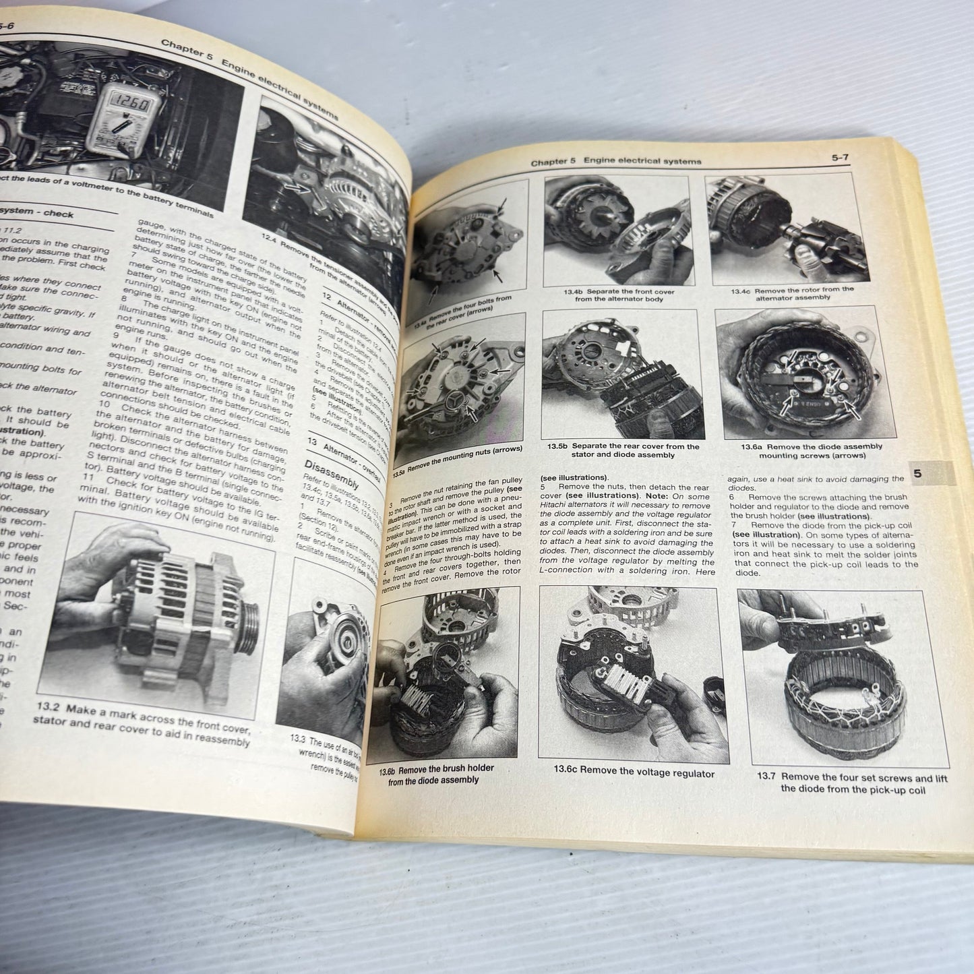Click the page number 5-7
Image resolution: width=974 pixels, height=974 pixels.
[x=839, y=159]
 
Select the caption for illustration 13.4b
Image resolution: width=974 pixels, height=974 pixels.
[x=619, y=296]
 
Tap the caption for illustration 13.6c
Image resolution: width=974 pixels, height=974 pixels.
[x=634, y=773]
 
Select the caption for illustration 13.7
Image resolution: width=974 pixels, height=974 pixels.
[x=852, y=783]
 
